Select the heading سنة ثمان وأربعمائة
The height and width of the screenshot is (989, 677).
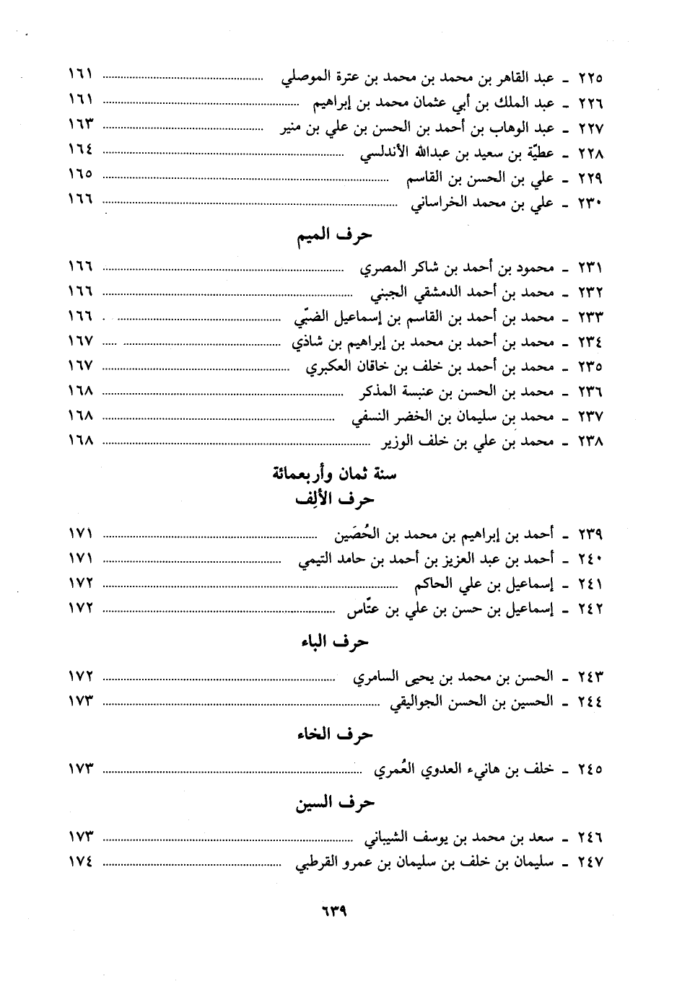(335, 475)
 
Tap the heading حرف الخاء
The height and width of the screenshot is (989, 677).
(335, 734)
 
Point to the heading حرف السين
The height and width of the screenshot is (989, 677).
(335, 803)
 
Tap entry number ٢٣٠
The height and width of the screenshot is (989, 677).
(590, 204)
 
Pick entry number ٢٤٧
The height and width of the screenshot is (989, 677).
(590, 863)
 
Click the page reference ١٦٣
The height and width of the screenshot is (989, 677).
(82, 124)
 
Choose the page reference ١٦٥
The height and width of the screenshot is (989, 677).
(82, 175)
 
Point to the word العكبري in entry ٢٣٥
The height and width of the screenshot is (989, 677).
(330, 368)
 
